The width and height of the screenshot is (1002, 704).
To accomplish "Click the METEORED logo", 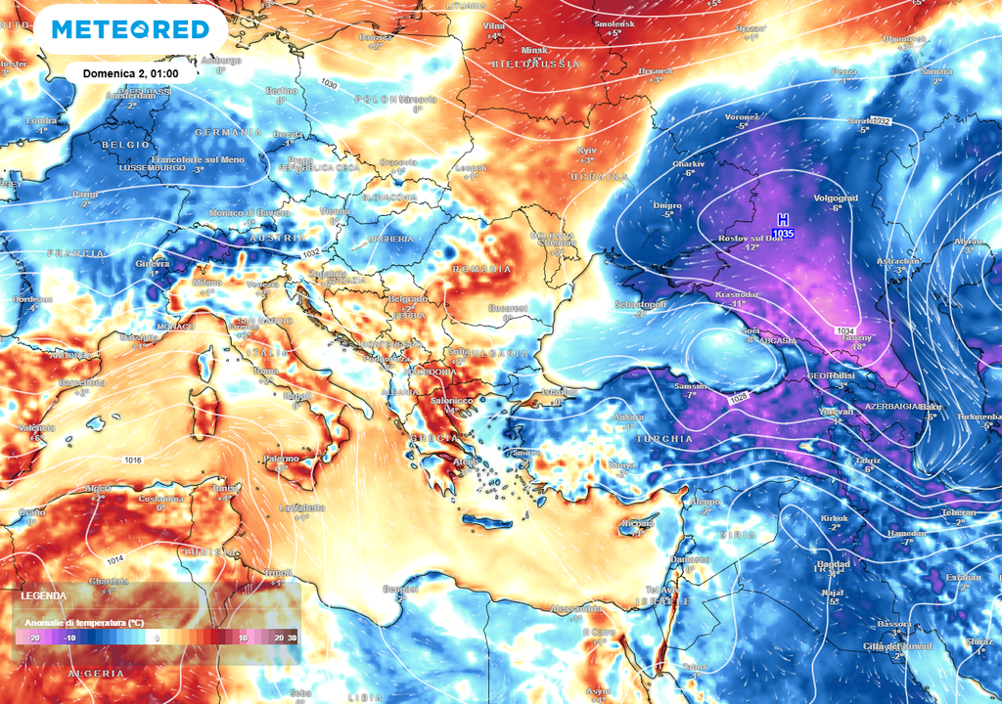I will [130, 30].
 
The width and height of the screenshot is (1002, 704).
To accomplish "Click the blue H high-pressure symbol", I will [782, 220].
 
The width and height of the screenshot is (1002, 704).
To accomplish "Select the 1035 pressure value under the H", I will [782, 234].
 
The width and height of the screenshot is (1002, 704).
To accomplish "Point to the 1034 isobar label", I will [845, 331].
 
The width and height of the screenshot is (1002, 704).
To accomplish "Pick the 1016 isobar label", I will [134, 460].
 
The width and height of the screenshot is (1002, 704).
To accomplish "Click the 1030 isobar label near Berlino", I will [329, 85].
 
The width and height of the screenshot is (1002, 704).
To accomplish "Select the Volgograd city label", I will [835, 198].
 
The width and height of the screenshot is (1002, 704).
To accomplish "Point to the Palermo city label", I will [281, 458].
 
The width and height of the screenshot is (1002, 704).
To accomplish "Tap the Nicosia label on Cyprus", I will [637, 523].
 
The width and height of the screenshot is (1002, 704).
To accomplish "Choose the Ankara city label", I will [623, 418].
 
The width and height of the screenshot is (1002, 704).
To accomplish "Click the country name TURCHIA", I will [664, 439].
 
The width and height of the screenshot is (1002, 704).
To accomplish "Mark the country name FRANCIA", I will [75, 252].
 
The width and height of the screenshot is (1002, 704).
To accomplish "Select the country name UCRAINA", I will [598, 177].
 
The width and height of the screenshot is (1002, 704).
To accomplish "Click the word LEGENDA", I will [43, 595].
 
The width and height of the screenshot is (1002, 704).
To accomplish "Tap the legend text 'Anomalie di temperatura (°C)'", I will [84, 622].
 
